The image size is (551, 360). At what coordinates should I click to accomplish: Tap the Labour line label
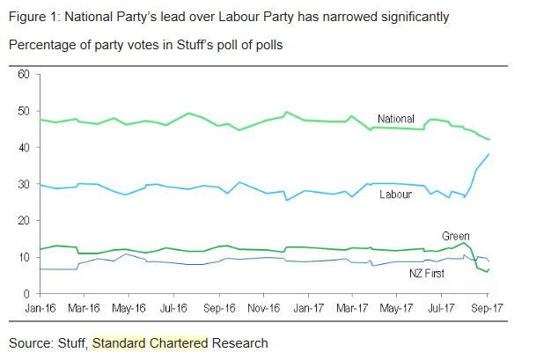pyautogui.click(x=395, y=194)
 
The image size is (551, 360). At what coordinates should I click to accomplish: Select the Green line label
pyautogui.click(x=456, y=236)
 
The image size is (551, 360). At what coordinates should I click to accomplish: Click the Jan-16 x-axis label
pyautogui.click(x=42, y=309)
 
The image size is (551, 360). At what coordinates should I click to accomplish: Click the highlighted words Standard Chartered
pyautogui.click(x=150, y=342)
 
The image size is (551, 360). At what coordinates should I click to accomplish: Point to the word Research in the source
pyautogui.click(x=239, y=342)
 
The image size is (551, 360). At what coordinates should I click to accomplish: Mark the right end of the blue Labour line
pyautogui.click(x=489, y=154)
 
